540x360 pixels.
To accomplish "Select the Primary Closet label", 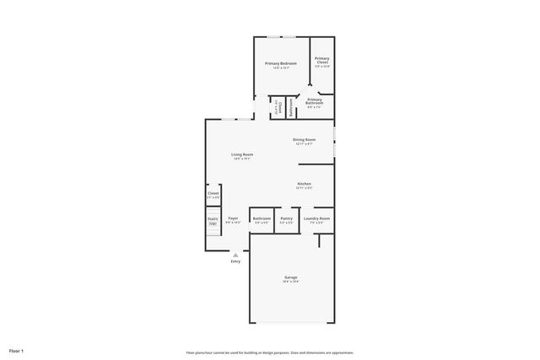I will click(322, 60).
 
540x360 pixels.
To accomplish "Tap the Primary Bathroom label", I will click(315, 100).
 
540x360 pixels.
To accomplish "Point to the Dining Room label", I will click(304, 139).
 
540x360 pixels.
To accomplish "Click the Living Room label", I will click(242, 154).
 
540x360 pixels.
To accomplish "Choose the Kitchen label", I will click(304, 184).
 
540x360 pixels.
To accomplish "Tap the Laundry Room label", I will click(317, 218).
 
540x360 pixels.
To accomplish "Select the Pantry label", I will click(286, 218).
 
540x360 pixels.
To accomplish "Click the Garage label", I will click(290, 277).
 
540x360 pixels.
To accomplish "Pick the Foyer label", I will click(232, 218).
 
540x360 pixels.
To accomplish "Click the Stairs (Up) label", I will click(213, 220).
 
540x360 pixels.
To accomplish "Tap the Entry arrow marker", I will click(235, 254).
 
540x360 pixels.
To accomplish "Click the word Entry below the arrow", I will click(235, 261).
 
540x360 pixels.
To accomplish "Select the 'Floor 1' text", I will click(17, 350).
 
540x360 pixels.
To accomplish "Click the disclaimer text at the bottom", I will click(270, 352).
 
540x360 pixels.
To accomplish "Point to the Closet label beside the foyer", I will click(213, 193).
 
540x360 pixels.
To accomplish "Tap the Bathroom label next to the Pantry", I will click(262, 218).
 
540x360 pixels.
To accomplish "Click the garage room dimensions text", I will click(290, 282).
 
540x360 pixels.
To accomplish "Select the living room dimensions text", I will click(242, 159).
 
